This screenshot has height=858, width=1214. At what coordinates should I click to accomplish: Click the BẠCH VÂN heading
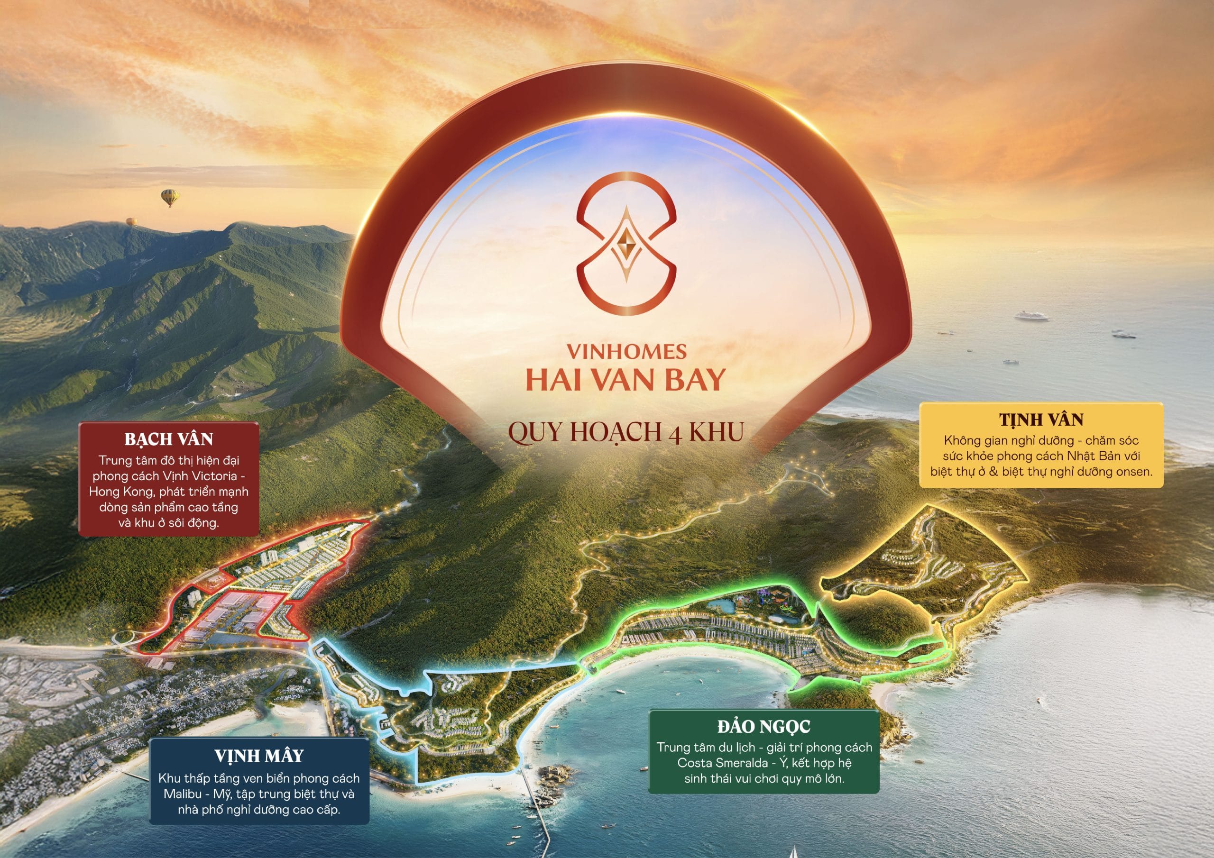coord(169,439)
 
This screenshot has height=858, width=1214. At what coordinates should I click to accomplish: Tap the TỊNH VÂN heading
coord(1041,420)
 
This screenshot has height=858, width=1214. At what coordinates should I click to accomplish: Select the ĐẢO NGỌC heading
coord(763,727)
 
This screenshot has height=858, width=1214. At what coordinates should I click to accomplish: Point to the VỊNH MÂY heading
coord(258,756)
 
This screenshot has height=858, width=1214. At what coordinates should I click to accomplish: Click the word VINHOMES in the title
coord(626,352)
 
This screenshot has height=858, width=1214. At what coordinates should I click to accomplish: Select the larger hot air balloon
coord(169,198)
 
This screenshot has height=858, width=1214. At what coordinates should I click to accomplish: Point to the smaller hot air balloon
coord(131,221)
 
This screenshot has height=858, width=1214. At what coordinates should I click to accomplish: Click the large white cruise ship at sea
coord(1031,316)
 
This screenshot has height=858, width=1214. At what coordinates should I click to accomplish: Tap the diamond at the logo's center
coord(626,243)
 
